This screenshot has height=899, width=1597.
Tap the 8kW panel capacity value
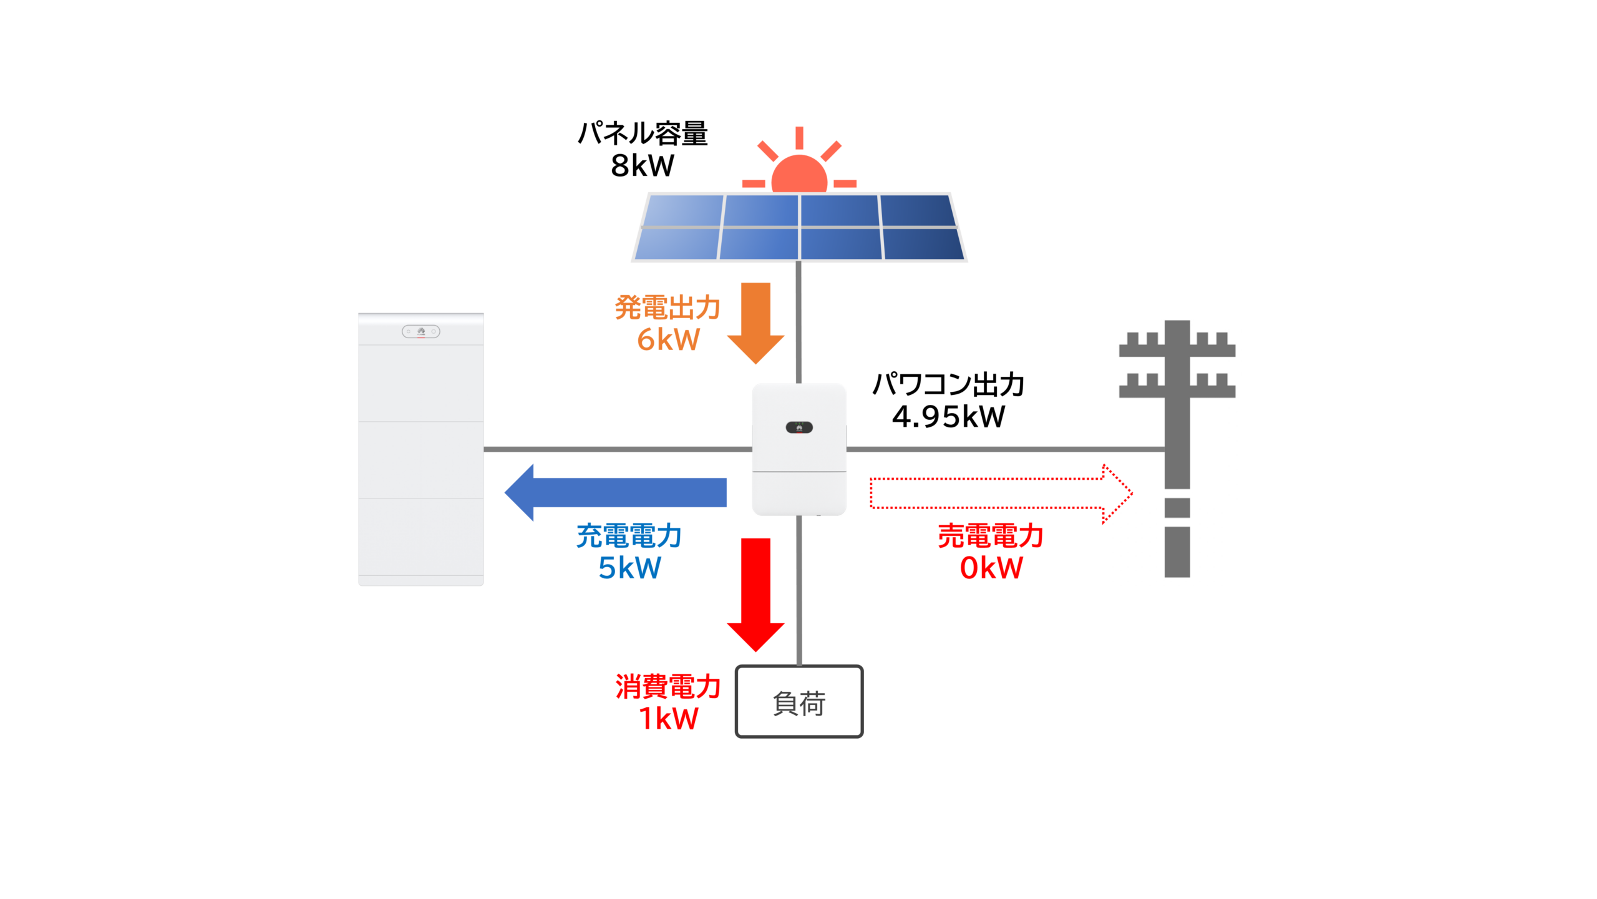642,165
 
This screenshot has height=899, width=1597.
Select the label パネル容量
643,133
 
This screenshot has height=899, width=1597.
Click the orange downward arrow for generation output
755,321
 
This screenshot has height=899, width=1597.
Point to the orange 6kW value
668,339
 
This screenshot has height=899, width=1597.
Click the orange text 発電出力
667,307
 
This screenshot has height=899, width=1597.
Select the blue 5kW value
629,568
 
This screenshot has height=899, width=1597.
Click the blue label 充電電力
629,536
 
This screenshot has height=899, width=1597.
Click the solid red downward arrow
755,593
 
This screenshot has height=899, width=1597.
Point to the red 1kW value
668,719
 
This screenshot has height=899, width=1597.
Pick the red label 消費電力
668,686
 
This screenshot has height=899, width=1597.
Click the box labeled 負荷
799,702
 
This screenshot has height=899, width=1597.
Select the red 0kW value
991,568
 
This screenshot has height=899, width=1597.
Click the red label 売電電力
991,536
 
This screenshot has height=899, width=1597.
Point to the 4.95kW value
948,417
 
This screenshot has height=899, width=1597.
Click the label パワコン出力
948,384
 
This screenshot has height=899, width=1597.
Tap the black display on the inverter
799,427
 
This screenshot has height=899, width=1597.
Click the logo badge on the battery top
421,331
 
